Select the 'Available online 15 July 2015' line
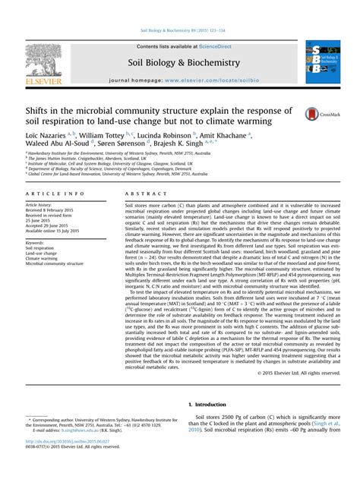[55, 232]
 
